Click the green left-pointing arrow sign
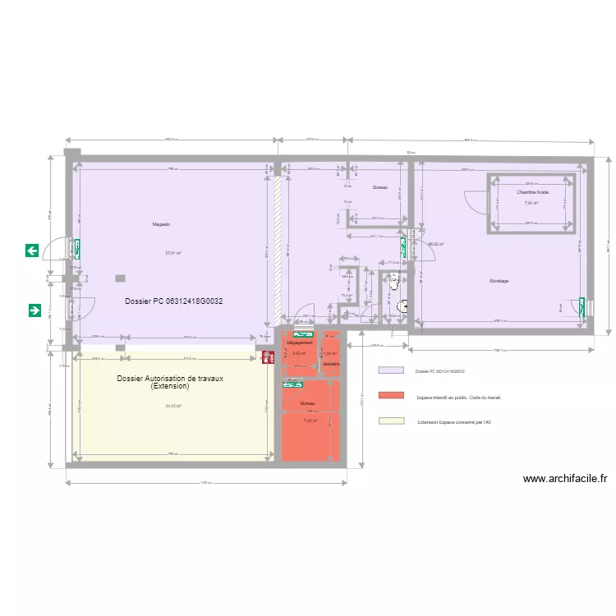tap(32, 251)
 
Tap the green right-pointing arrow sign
tap(35, 310)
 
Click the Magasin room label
tap(161, 224)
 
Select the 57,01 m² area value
tap(173, 253)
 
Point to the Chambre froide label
tap(531, 192)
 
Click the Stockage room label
tap(499, 281)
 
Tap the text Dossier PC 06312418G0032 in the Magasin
tap(174, 301)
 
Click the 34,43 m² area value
tap(173, 406)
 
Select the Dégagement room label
tap(299, 342)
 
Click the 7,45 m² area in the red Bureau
tap(310, 421)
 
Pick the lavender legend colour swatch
tap(391, 371)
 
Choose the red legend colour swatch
tap(391, 396)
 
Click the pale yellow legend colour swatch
tap(391, 421)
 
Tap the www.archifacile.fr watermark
tap(564, 479)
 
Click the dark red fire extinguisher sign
tap(268, 357)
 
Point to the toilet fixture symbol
tap(394, 281)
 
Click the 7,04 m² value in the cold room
tap(531, 203)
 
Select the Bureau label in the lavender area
tap(379, 188)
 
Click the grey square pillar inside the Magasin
tap(121, 278)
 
